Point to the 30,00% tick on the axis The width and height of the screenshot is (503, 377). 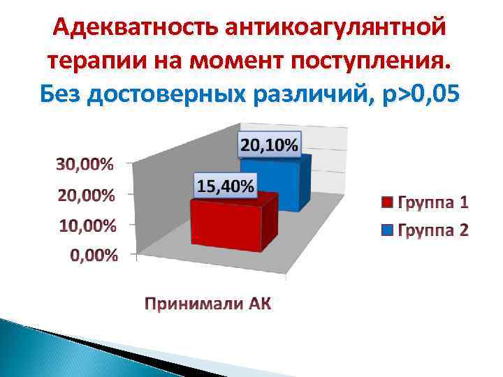[x=88, y=165]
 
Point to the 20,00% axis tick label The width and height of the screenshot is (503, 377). [x=88, y=195]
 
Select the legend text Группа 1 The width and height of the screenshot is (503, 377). [x=433, y=203]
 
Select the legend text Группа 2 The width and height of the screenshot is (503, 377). [x=433, y=229]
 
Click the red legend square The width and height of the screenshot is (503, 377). [x=388, y=203]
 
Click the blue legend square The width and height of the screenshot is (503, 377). [x=388, y=229]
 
